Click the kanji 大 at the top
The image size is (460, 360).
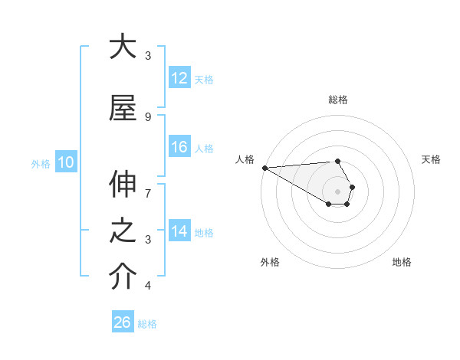coord(123,47)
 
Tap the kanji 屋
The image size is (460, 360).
coord(123,108)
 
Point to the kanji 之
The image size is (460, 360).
coord(123,231)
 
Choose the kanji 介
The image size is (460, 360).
coord(123,277)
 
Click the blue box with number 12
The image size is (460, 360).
coord(179,78)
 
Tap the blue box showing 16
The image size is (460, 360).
coord(179,147)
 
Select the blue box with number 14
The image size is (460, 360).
coord(179,231)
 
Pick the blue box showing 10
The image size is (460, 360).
coord(66,162)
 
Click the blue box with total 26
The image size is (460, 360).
coord(123,322)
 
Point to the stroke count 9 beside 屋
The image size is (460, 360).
coord(148,116)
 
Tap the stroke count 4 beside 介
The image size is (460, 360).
coord(148,286)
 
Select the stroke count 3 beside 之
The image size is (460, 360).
coord(148,240)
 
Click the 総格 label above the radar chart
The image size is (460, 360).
coord(338,100)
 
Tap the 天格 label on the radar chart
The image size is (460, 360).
coord(431,159)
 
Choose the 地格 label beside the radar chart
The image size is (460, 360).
coord(402,262)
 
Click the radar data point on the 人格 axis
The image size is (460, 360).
coord(264,167)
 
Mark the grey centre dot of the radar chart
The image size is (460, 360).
coord(338,191)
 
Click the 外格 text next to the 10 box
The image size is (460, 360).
coord(40,162)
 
